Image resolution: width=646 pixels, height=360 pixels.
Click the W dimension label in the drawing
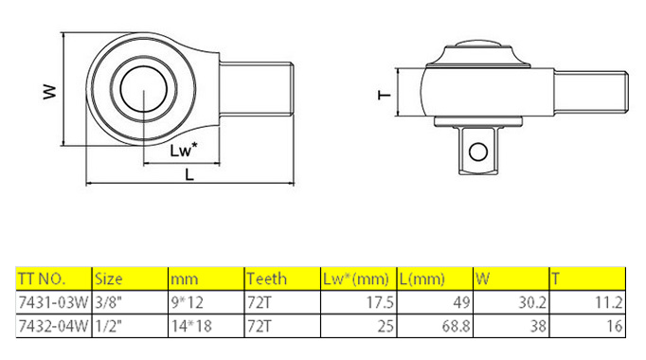coord(49,92)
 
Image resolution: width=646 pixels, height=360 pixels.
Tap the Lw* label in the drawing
coord(184,150)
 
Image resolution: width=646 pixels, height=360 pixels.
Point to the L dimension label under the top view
coord(189,174)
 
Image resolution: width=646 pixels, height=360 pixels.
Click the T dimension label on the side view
coord(385,95)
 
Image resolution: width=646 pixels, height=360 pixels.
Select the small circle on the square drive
coord(478,152)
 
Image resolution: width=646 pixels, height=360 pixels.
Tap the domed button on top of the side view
coord(478,44)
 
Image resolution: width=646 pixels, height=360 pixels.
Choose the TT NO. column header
coord(42,279)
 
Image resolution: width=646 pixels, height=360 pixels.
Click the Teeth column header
coord(266,279)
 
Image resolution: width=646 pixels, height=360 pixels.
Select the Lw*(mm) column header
coord(356,279)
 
